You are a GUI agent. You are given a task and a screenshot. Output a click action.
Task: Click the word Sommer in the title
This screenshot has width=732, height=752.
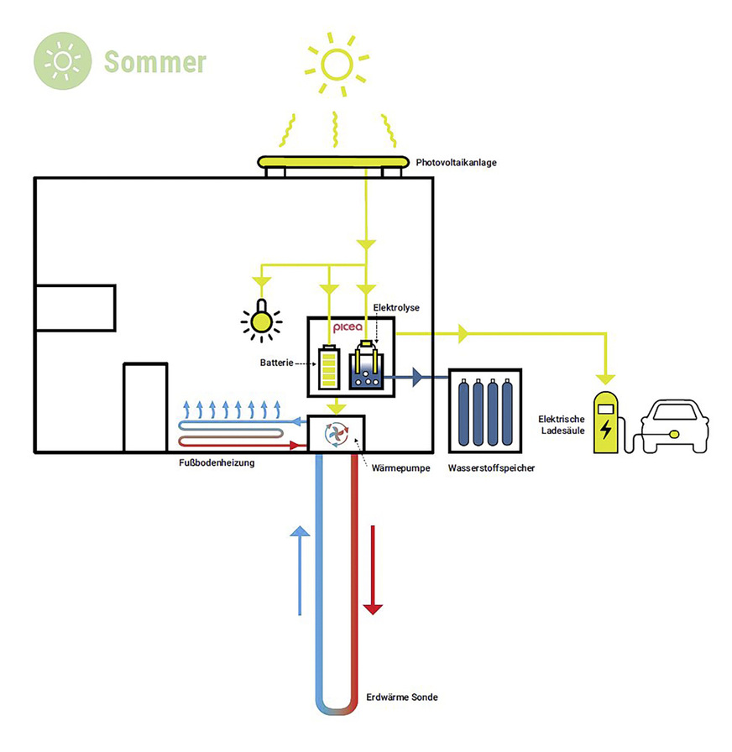(x=155, y=62)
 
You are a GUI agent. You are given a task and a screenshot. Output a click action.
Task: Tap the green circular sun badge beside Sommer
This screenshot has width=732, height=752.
(x=63, y=61)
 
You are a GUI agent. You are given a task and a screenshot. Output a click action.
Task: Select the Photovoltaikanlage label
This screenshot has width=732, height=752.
(x=457, y=162)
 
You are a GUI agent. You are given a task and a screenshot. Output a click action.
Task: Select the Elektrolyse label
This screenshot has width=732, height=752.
(x=396, y=308)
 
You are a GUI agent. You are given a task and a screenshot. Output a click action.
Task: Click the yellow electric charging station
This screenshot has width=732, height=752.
(x=604, y=424)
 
